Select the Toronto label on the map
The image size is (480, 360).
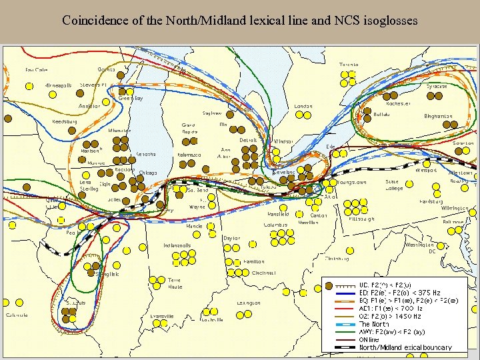[349, 65]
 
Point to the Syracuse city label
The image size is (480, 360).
[437, 87]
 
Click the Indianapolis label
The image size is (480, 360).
[177, 246]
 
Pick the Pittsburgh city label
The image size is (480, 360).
[361, 219]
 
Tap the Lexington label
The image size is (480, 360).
[248, 303]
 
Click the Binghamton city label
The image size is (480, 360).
[438, 117]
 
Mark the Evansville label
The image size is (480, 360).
[162, 316]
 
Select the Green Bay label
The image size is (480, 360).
[131, 99]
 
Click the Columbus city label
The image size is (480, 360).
[275, 225]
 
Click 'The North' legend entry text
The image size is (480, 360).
[374, 325]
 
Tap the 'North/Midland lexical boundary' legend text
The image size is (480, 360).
[405, 347]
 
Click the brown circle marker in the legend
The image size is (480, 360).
[327, 285]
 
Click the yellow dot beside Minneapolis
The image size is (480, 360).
[29, 86]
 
